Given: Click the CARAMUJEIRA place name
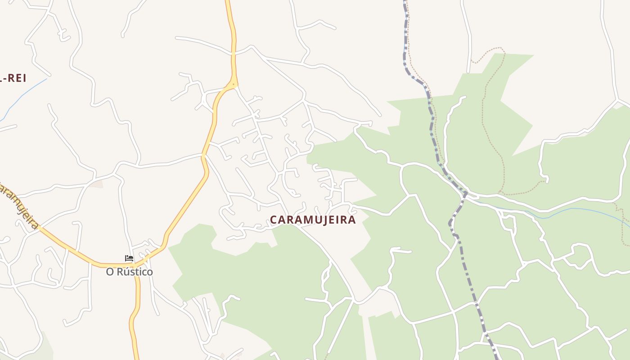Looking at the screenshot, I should pos(313,220).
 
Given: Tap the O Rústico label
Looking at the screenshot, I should pos(129,272).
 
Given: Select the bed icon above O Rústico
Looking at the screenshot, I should pos(129,258).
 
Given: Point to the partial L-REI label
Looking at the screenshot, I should pos(13,78).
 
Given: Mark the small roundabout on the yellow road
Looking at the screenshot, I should pos(233,84).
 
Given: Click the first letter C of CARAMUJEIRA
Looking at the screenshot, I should pos(273,220).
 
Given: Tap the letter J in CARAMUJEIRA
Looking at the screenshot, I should pos(322,220).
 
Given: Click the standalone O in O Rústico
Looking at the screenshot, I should pos(109,272).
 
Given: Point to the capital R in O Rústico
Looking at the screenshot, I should pos(119,272).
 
